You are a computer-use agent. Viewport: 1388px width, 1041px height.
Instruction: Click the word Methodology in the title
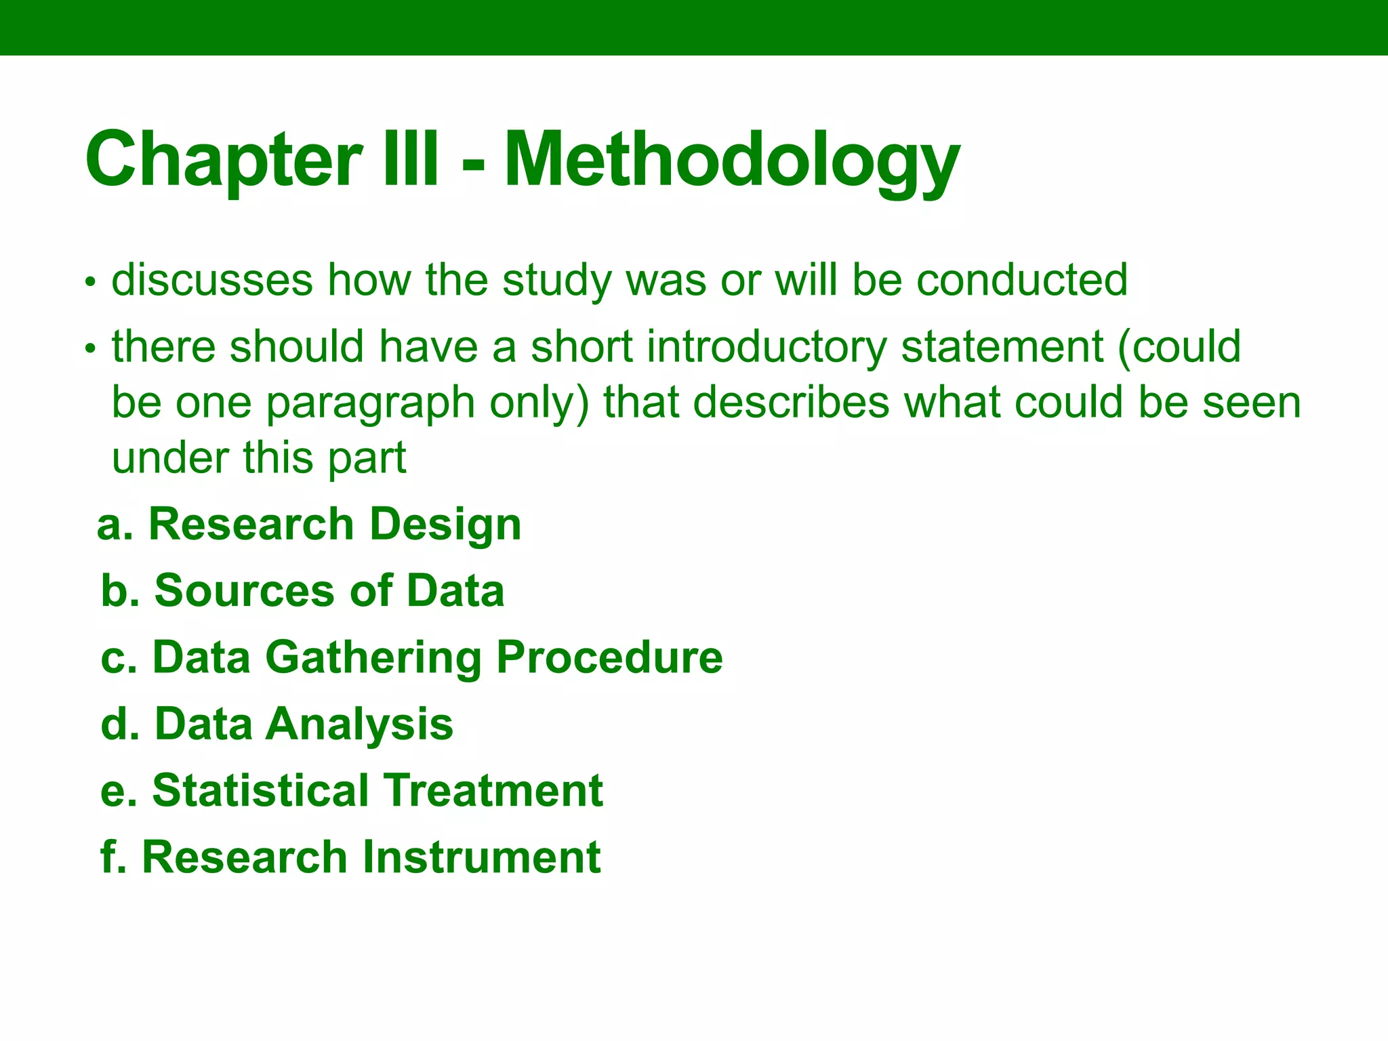point(732,161)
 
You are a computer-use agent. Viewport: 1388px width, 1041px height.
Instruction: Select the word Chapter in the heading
point(224,161)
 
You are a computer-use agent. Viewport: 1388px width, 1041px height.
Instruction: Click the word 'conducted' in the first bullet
point(1022,280)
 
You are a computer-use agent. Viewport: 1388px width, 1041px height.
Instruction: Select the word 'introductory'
point(766,347)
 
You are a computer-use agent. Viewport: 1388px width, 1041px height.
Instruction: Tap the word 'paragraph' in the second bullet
point(371,404)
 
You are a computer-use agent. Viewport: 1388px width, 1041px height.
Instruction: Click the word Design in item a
point(445,525)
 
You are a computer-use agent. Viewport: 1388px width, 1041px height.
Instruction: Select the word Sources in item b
point(245,591)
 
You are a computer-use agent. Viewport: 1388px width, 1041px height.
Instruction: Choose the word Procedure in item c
point(609,657)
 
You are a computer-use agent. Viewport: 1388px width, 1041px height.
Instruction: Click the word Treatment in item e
point(493,790)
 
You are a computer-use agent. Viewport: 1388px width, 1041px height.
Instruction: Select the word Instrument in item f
point(481,857)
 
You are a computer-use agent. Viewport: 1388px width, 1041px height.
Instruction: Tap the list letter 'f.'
point(113,857)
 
